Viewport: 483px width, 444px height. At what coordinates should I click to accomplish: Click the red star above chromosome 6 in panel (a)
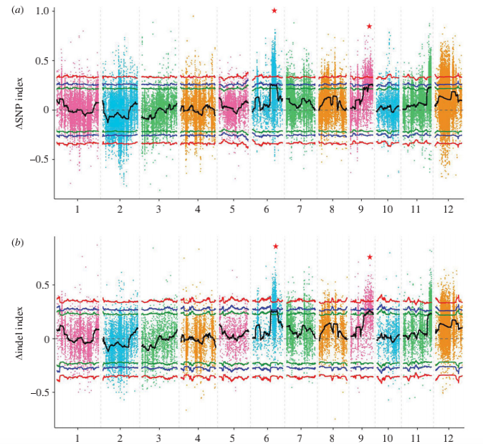[274, 11]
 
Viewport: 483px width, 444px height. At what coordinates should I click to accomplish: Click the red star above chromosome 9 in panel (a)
[369, 26]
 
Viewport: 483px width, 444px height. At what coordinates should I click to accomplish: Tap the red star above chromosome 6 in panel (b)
[275, 246]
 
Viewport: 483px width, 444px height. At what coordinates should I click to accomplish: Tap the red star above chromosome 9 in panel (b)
[370, 257]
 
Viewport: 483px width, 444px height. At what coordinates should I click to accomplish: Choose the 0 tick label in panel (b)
[45, 339]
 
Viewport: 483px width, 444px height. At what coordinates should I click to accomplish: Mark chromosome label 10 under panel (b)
[388, 436]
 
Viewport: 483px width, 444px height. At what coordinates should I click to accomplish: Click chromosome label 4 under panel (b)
[196, 436]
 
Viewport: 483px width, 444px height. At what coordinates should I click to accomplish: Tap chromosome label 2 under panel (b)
[120, 436]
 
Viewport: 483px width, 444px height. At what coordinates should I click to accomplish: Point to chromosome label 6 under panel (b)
[267, 436]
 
